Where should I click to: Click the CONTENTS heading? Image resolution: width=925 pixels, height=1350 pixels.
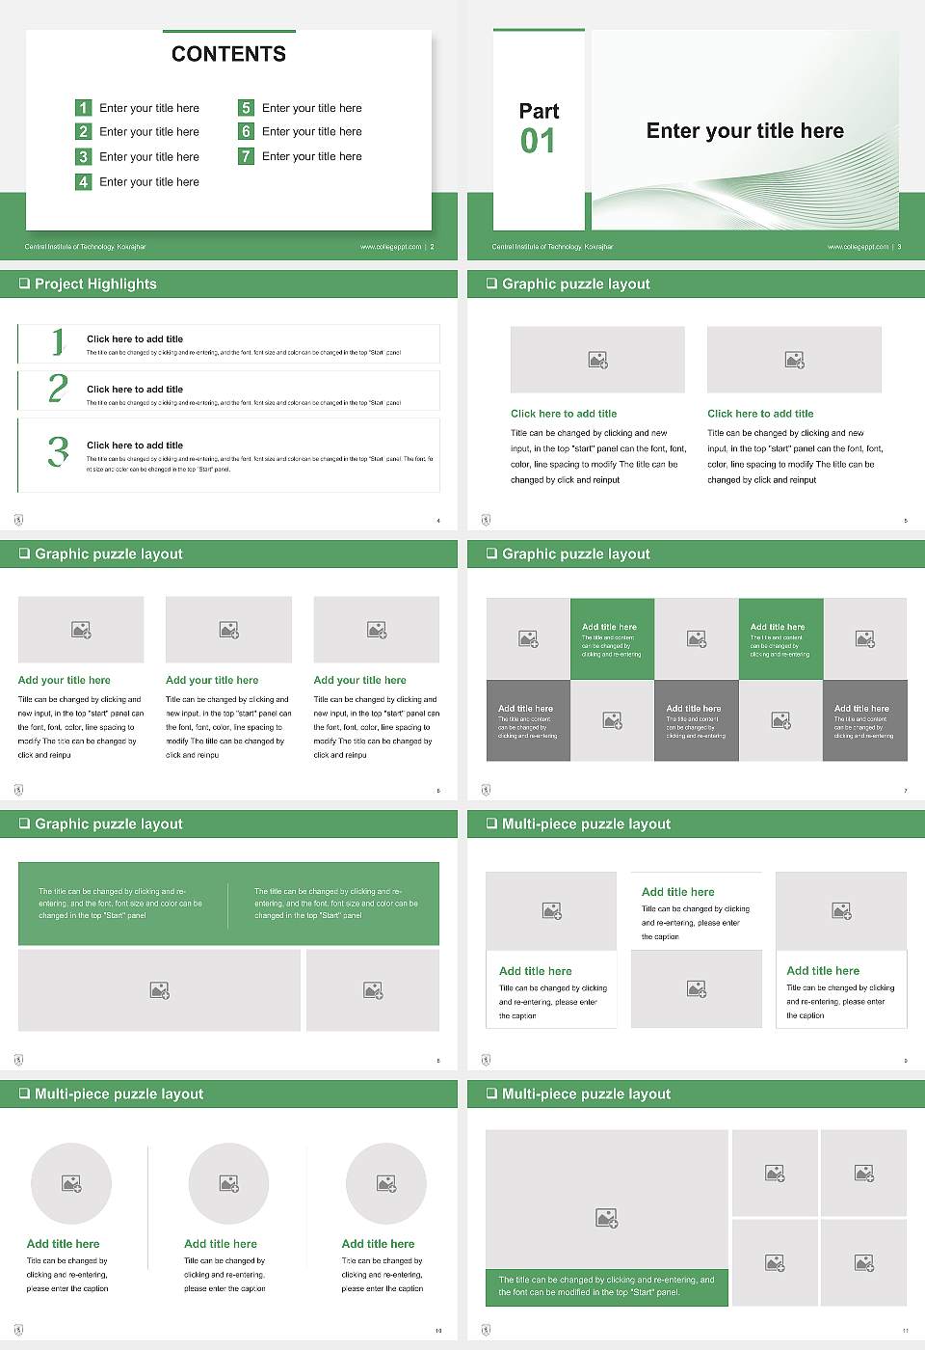[228, 54]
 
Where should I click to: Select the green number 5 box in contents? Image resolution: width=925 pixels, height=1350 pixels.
[246, 108]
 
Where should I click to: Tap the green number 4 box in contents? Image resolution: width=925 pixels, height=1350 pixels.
[83, 181]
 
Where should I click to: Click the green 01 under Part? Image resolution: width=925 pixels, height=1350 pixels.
[538, 142]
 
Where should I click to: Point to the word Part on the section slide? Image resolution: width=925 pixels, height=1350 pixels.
[539, 111]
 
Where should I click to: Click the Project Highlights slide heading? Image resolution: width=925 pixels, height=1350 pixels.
[95, 283]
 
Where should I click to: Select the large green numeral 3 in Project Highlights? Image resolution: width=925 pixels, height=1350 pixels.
[58, 451]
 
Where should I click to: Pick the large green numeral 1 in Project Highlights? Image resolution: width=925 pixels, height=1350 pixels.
[58, 341]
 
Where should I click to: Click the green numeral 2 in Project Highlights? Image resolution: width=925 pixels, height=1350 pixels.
[58, 389]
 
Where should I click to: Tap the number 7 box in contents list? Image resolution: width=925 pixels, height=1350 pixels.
[246, 156]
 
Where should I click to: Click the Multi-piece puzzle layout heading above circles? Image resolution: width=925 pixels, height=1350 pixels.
[119, 1093]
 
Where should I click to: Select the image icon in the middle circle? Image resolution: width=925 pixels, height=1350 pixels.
[228, 1183]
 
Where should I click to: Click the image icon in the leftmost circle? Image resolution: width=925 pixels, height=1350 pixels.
[71, 1183]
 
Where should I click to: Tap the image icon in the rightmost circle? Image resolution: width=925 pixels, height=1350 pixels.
[386, 1183]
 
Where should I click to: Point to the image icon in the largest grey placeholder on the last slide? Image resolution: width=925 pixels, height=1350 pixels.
[606, 1219]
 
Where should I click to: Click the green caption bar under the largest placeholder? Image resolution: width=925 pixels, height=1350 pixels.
[606, 1286]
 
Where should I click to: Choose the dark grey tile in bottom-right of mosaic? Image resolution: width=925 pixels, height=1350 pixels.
[864, 720]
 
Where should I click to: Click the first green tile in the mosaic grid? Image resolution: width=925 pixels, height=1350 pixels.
[612, 638]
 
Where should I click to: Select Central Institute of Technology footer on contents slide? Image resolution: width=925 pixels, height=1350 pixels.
[85, 247]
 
